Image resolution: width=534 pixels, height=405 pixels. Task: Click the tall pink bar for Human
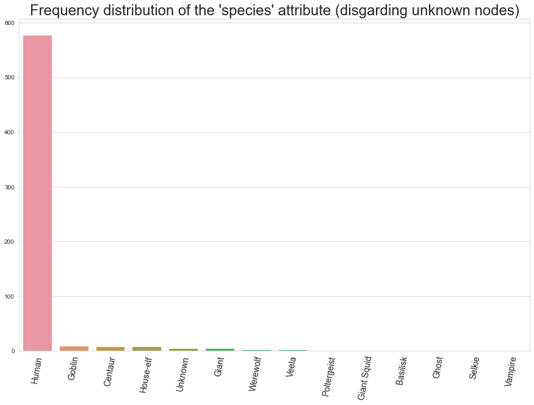point(37,193)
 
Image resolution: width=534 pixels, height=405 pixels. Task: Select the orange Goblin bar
point(74,348)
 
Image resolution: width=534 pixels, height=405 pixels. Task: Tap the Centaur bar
point(110,349)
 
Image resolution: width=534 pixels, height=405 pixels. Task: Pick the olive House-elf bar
point(146,349)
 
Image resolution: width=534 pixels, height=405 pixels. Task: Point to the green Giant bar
point(220,349)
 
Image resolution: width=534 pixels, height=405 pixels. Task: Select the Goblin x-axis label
point(73,369)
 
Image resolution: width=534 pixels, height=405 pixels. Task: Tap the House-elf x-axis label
point(145,375)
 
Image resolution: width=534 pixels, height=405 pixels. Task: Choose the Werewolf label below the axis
point(255,374)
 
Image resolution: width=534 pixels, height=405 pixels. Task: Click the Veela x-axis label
point(292,368)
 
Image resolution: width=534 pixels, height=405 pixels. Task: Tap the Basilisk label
point(401,371)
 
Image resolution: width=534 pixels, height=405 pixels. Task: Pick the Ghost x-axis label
point(438,368)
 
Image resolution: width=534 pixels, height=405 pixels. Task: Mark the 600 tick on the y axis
point(11,23)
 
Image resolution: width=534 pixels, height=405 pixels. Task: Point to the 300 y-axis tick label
point(11,187)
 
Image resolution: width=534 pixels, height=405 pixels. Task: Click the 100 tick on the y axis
point(11,296)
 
